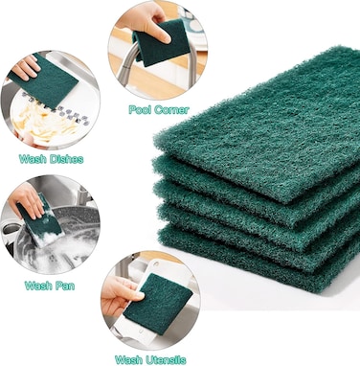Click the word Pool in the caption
(x=140, y=110)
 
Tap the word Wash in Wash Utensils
(x=129, y=359)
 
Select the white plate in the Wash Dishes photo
(x=48, y=125)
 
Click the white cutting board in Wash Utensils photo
(x=144, y=331)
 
